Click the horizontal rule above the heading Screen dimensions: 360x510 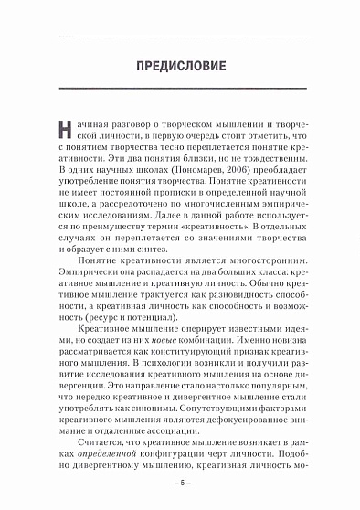point(180,36)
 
